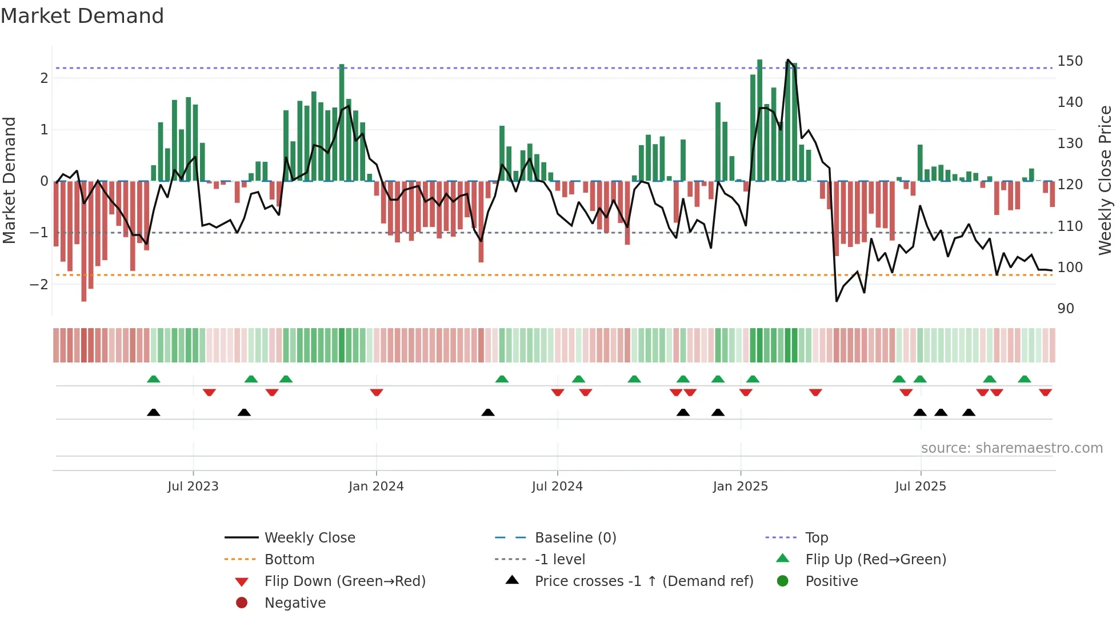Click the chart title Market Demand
point(82,15)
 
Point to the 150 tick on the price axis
point(1070,61)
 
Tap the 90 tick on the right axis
point(1066,309)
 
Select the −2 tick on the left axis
point(39,284)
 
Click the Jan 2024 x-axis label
point(376,487)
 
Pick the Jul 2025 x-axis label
point(920,487)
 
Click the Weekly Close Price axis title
point(1105,180)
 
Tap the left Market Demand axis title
point(9,180)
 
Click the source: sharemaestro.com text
point(1011,448)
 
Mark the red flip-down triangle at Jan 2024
point(376,392)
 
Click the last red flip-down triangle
point(1045,392)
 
